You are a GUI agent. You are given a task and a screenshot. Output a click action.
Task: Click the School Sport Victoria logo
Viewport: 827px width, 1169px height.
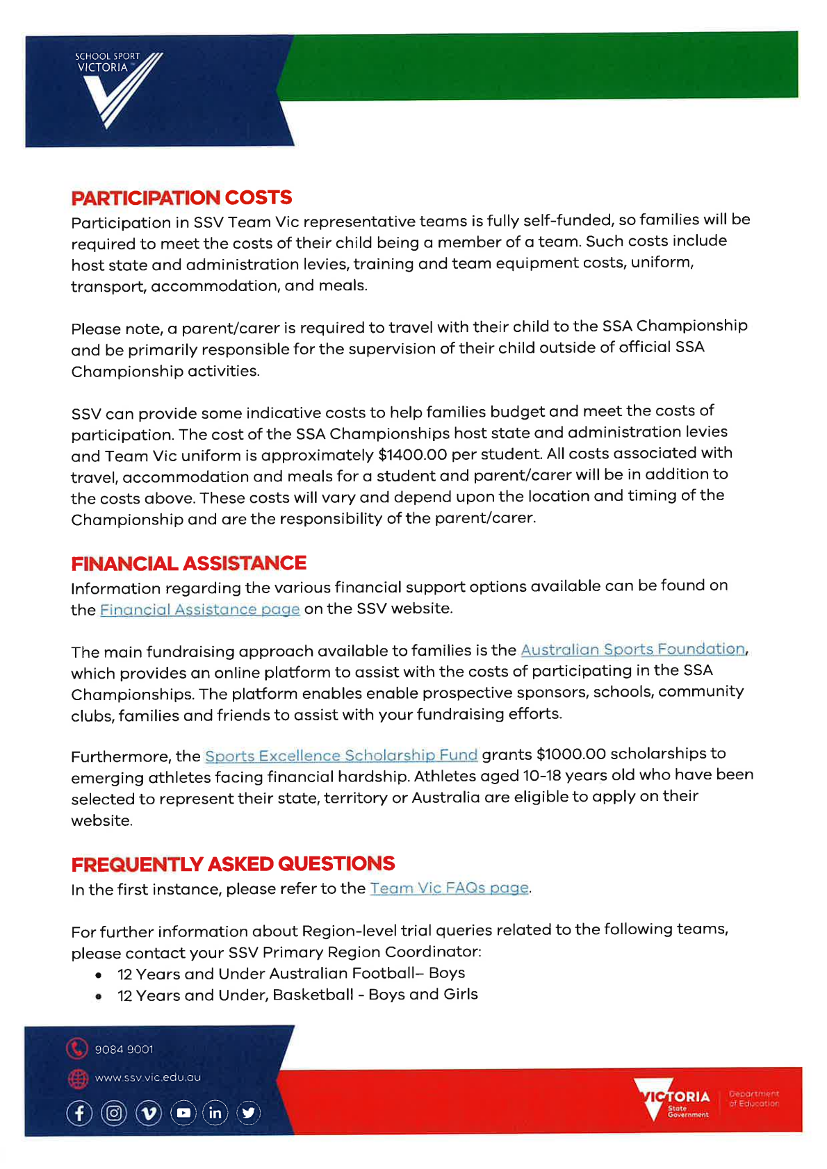pyautogui.click(x=118, y=89)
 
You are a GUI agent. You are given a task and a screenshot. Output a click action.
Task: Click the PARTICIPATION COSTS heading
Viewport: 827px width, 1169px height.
pyautogui.click(x=181, y=198)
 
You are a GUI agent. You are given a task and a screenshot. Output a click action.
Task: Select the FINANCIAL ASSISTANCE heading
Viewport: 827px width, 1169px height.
pyautogui.click(x=188, y=563)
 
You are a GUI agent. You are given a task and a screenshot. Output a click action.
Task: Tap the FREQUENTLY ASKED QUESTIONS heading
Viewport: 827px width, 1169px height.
pyautogui.click(x=233, y=864)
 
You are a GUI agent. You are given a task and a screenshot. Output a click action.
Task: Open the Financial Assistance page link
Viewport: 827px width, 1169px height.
pyautogui.click(x=200, y=610)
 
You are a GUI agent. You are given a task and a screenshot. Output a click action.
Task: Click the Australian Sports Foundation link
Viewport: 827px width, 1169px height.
pyautogui.click(x=633, y=649)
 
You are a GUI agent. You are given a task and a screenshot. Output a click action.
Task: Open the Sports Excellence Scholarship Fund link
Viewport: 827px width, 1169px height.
pyautogui.click(x=341, y=755)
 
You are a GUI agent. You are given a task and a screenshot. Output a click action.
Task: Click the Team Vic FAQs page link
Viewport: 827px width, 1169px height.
pyautogui.click(x=449, y=888)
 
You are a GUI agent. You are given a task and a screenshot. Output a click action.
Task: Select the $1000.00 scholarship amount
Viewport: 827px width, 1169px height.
pyautogui.click(x=571, y=754)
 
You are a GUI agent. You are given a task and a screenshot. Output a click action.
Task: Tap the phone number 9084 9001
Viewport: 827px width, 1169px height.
pyautogui.click(x=124, y=1050)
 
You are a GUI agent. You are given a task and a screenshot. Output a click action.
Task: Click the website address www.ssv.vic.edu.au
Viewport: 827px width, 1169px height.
pyautogui.click(x=147, y=1078)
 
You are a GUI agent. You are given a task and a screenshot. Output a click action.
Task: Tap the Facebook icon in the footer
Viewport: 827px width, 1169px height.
pyautogui.click(x=79, y=1113)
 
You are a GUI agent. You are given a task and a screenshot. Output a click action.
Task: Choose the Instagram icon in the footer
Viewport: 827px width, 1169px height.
pyautogui.click(x=114, y=1113)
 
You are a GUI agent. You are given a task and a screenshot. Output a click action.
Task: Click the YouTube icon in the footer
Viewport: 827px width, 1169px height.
pyautogui.click(x=183, y=1113)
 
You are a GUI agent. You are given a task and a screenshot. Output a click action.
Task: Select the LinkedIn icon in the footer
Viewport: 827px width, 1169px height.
pyautogui.click(x=215, y=1113)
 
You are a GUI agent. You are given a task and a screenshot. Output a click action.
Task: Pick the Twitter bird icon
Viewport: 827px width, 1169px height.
pyautogui.click(x=248, y=1113)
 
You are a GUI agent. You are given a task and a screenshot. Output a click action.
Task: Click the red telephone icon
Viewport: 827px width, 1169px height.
pyautogui.click(x=77, y=1048)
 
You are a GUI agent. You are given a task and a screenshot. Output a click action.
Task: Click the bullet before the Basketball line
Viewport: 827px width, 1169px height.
pyautogui.click(x=100, y=997)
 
